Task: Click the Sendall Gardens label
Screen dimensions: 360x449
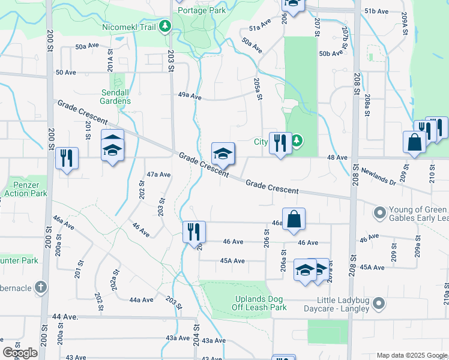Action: [116, 97]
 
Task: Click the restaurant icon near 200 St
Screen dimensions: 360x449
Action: [67, 158]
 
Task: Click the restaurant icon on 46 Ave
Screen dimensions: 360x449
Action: [194, 231]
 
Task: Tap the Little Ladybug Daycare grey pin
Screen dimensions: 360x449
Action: [378, 304]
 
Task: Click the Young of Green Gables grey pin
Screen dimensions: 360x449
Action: [379, 213]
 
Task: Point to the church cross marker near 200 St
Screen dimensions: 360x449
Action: [40, 287]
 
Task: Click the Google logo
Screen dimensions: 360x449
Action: [20, 353]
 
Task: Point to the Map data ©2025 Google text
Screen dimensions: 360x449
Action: [411, 355]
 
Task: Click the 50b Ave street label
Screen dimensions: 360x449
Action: [331, 53]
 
